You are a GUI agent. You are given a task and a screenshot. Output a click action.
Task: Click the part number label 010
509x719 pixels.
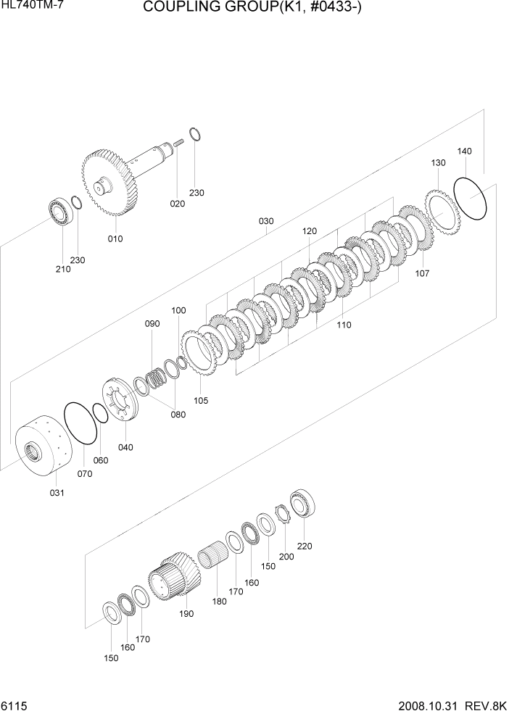pyautogui.click(x=115, y=238)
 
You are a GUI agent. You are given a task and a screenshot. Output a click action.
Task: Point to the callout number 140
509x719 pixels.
pyautogui.click(x=464, y=151)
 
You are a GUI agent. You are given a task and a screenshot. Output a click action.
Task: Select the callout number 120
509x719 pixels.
pyautogui.click(x=310, y=230)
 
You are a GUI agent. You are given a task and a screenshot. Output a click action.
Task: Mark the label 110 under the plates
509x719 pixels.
pyautogui.click(x=344, y=325)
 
